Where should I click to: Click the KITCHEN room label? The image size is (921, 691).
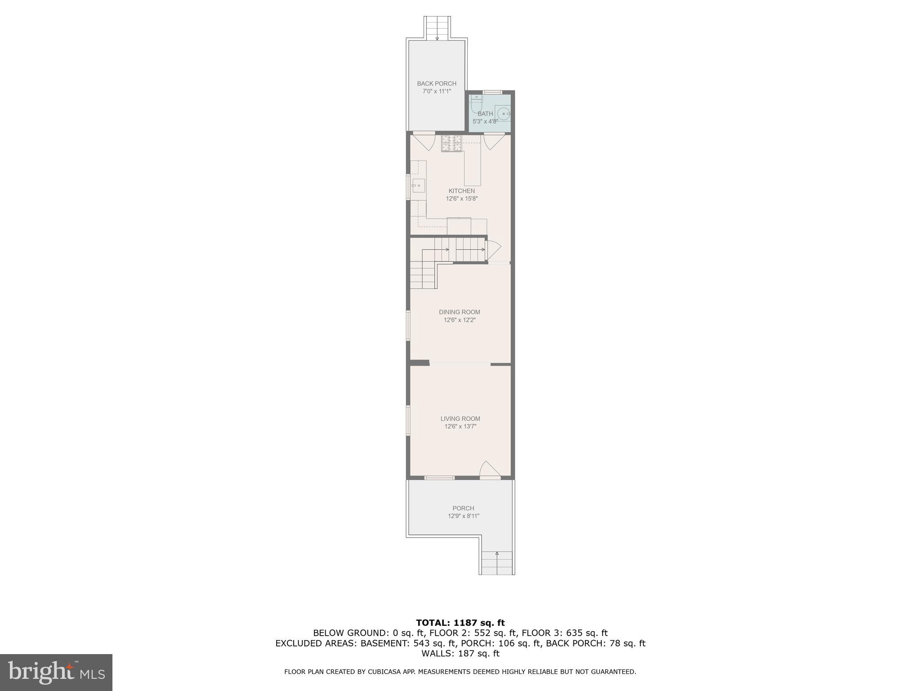pos(461,191)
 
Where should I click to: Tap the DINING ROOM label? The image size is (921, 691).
pos(459,312)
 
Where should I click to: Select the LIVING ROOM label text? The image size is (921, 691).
pos(460,418)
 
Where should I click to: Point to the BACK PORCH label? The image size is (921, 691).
pos(436,83)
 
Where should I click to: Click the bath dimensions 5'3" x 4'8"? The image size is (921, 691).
pos(485,121)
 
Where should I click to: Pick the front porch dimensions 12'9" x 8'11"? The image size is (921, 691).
pos(463,516)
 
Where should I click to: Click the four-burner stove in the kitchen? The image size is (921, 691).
pos(452,143)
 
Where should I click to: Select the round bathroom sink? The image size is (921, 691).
pos(504,114)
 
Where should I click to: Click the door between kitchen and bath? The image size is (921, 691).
pos(494,141)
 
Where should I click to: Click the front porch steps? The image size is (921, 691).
pos(496,563)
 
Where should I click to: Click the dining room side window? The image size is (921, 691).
pos(408,325)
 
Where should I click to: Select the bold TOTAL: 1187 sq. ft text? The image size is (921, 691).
pos(460,623)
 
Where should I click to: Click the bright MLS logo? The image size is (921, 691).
pos(56,672)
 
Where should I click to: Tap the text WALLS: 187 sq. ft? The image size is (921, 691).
pos(460,653)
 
